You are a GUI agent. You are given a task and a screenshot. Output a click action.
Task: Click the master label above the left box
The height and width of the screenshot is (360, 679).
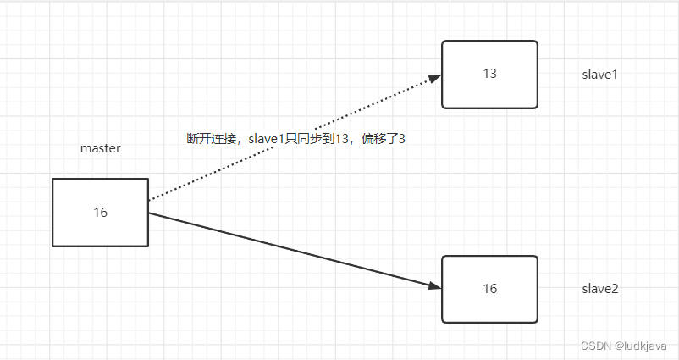point(100,148)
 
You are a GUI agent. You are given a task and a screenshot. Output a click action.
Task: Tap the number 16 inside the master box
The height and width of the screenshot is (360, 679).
point(100,213)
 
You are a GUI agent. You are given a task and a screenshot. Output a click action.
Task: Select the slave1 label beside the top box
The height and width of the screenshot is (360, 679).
point(599,74)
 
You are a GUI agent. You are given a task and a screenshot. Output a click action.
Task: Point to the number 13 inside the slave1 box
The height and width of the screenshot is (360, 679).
point(489,73)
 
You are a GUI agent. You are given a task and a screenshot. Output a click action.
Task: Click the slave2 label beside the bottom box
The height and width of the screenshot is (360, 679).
point(599,289)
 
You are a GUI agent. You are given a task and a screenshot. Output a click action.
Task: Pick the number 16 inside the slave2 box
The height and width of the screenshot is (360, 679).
point(489,289)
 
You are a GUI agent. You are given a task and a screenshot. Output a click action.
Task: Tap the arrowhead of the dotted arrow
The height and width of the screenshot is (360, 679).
point(434,78)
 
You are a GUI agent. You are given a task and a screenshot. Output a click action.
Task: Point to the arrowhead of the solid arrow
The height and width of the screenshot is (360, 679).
point(434,286)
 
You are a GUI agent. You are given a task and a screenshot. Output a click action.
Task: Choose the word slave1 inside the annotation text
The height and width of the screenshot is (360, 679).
point(266,138)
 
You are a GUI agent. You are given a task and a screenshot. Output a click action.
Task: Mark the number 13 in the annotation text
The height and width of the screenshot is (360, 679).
point(342,138)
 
